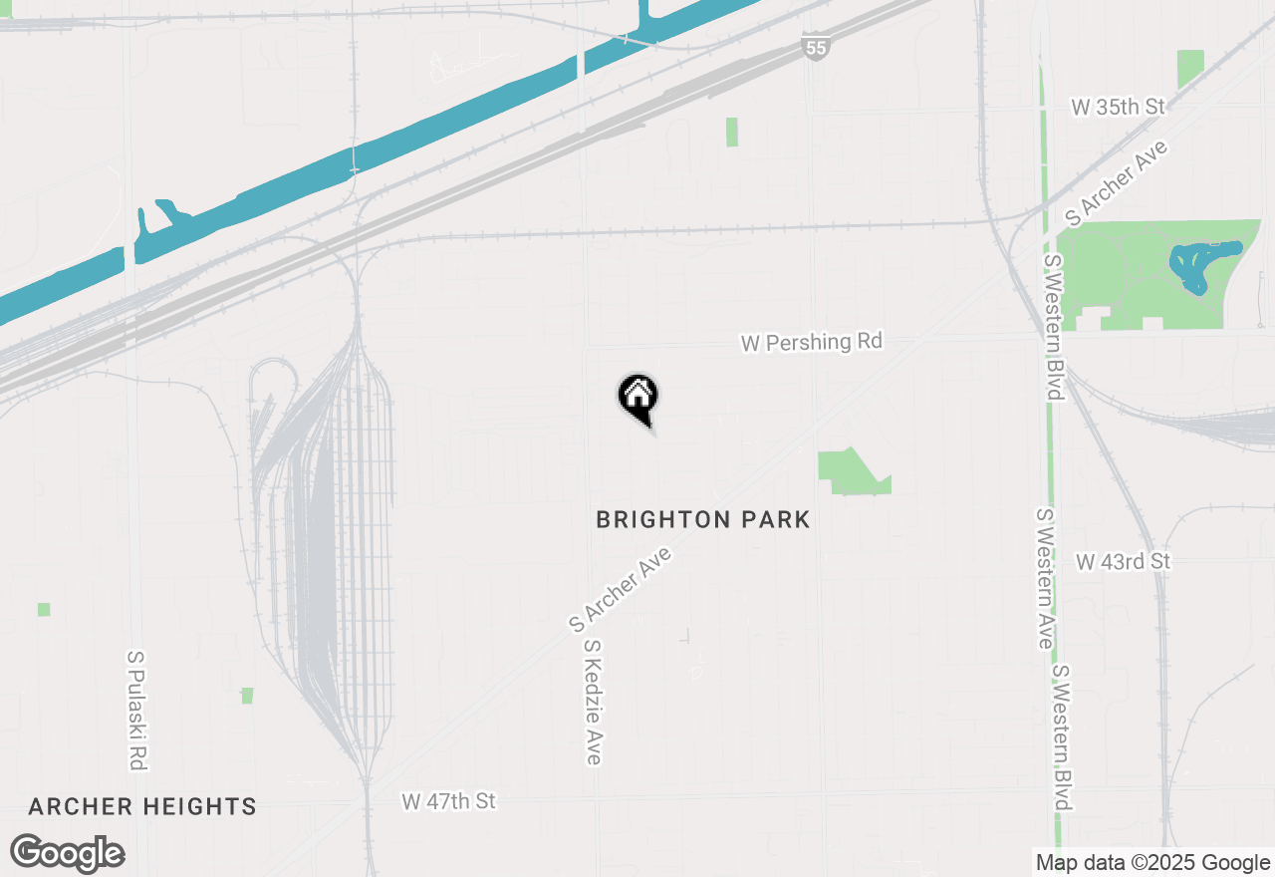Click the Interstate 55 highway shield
point(815,45)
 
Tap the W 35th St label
point(1118,107)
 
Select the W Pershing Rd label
point(811,342)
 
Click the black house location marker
point(637,397)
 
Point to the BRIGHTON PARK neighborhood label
point(702,519)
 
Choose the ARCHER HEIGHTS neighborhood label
point(142,806)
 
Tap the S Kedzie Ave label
point(593,702)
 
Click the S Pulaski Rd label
point(136,710)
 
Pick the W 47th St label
point(448,801)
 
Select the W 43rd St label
point(1123,562)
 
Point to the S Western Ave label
point(1044,578)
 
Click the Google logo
point(68,854)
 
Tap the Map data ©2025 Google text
point(1152,863)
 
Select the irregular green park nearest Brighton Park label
point(850,472)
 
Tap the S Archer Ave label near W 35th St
point(1116,182)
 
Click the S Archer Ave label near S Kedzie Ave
point(621,589)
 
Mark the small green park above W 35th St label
point(1189,68)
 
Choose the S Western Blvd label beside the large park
point(1053,327)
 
